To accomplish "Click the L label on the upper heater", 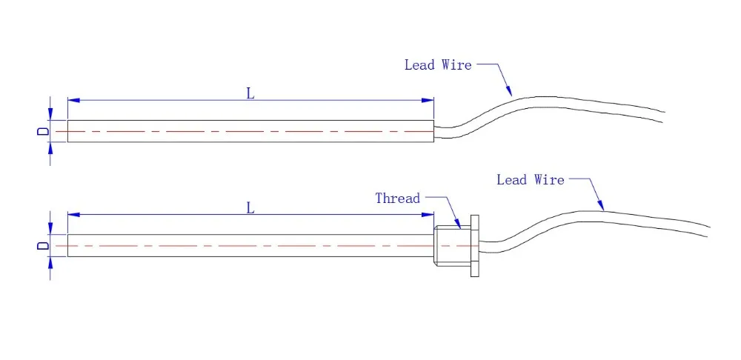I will coord(250,93).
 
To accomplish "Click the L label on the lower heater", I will coord(250,208).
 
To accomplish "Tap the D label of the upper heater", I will coord(43,131).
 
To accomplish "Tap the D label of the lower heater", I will coord(43,245).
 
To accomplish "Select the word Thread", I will coord(397,199).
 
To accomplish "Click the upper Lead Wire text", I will coord(437,65).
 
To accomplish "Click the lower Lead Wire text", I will coord(530,180).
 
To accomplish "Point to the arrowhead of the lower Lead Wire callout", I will coord(602,207).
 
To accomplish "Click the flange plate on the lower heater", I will coord(475,246).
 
